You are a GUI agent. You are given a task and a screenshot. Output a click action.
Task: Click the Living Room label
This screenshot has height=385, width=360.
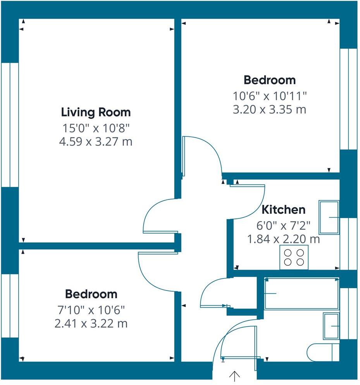click(96, 112)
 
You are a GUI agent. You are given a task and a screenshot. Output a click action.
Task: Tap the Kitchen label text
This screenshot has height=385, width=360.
click(283, 210)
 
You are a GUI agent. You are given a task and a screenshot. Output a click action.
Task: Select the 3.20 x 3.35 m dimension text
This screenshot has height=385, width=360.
click(269, 110)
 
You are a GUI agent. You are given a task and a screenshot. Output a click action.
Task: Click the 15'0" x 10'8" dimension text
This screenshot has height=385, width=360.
click(96, 127)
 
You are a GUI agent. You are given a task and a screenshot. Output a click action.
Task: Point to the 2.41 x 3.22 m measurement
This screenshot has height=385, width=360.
click(91, 323)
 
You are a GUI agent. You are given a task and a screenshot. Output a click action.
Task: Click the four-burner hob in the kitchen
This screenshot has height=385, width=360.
click(294, 257)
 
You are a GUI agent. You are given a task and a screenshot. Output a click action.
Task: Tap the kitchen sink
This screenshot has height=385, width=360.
click(329, 217)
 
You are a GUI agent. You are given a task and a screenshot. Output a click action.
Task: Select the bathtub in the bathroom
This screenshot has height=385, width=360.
click(301, 293)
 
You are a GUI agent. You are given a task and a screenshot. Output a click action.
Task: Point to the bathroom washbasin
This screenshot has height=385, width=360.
click(331, 326)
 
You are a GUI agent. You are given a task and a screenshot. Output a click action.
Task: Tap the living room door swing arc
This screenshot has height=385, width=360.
click(157, 215)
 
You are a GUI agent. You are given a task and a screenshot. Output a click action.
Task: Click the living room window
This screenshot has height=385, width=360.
click(9, 124)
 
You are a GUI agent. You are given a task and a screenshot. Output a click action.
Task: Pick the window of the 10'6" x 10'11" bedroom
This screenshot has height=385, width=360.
click(348, 99)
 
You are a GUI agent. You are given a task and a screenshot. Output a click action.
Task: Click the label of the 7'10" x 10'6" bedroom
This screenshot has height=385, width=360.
click(91, 294)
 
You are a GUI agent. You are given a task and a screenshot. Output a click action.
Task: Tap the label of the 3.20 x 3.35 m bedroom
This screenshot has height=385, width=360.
click(269, 80)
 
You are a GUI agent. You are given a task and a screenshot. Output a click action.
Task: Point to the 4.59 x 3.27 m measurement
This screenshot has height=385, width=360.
click(96, 142)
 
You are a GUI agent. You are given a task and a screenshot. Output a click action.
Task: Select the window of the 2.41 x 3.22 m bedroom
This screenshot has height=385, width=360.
click(9, 306)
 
